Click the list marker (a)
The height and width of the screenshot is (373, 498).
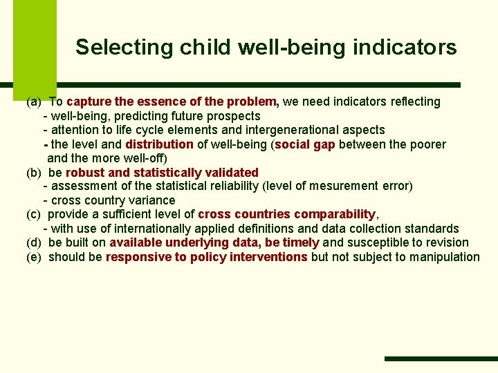click(33, 102)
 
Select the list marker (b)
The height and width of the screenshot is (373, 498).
click(33, 173)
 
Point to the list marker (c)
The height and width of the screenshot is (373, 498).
click(33, 215)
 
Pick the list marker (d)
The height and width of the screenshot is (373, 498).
click(33, 243)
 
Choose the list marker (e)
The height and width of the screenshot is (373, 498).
click(33, 257)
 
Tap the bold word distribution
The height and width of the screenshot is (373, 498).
click(159, 144)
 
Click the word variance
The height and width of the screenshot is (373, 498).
click(152, 200)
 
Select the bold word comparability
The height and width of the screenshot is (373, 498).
click(334, 215)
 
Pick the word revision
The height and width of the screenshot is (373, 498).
click(447, 243)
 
